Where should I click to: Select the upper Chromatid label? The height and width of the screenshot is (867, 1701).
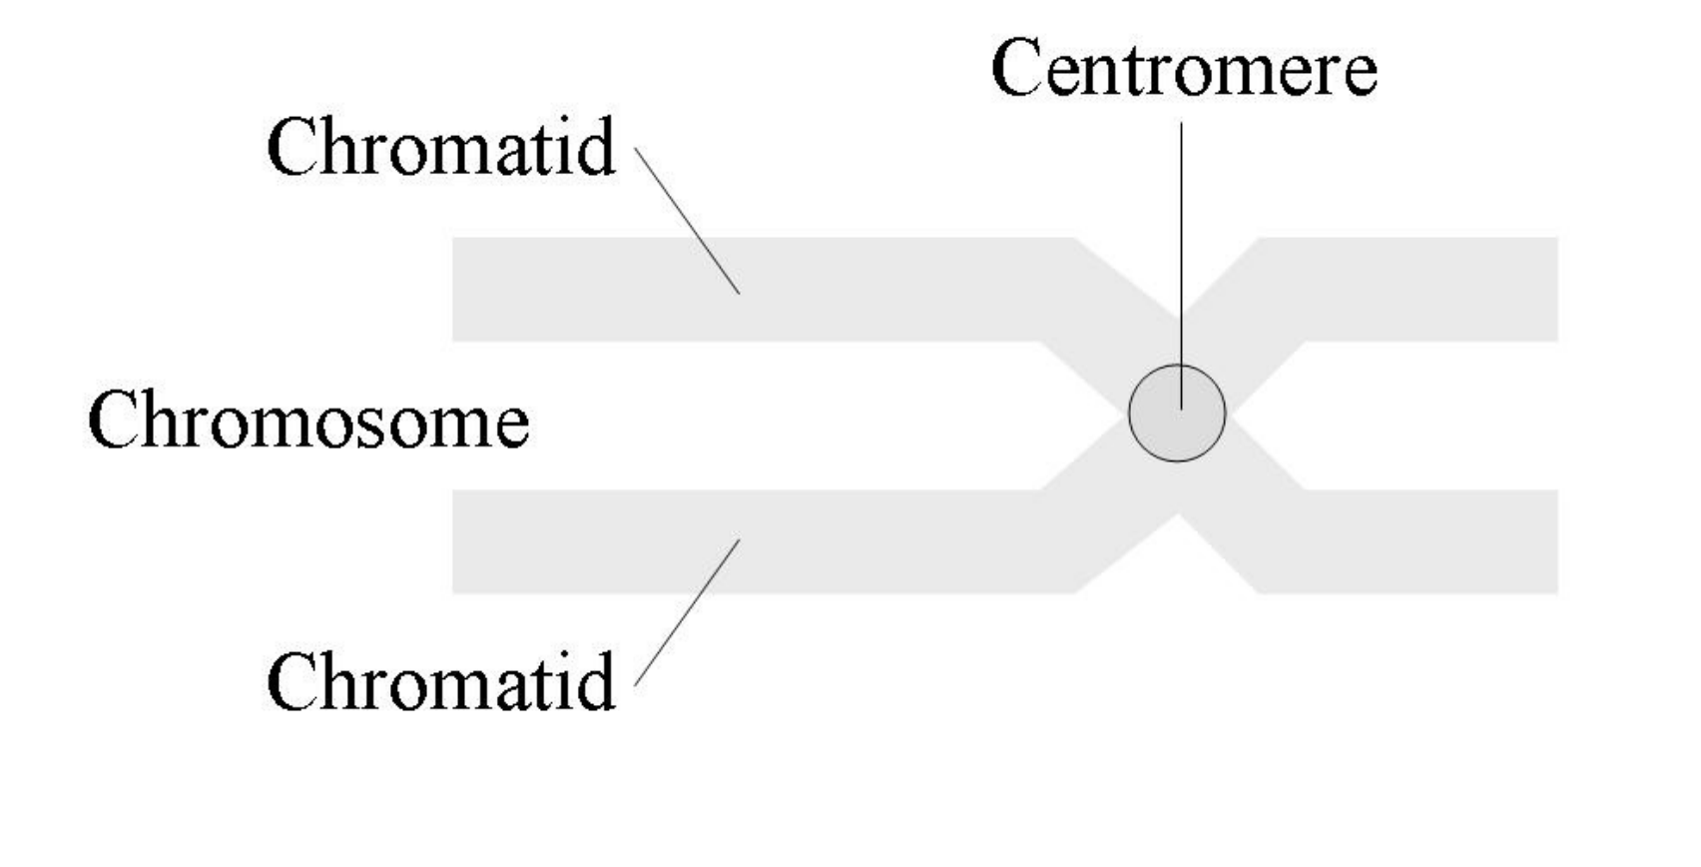tap(441, 148)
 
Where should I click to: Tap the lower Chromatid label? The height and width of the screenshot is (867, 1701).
tap(441, 682)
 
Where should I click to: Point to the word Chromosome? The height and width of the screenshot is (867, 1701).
tap(308, 421)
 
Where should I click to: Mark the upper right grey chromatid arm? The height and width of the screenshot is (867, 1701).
tap(1417, 290)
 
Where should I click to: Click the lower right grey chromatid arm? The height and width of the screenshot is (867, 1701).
tap(1417, 542)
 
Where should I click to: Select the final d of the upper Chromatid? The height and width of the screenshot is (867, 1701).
tap(596, 148)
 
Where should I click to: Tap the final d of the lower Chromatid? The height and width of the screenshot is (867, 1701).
tap(596, 682)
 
